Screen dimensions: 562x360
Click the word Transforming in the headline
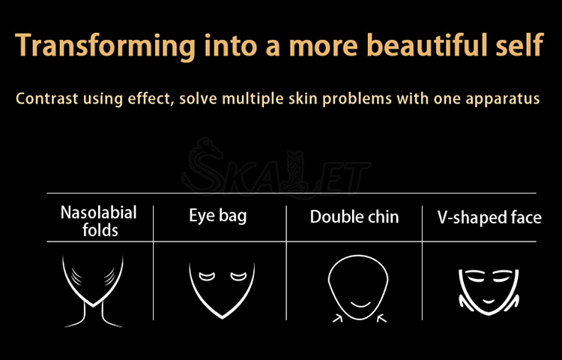106,46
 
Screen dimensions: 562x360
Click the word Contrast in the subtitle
46,98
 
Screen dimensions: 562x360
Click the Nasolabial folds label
99,221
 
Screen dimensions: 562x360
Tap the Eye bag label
218,216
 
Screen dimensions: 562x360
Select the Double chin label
354,217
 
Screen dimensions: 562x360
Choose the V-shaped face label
489,217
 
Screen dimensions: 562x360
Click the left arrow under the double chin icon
338,318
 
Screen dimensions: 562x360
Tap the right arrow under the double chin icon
382,318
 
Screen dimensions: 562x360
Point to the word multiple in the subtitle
250,99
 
